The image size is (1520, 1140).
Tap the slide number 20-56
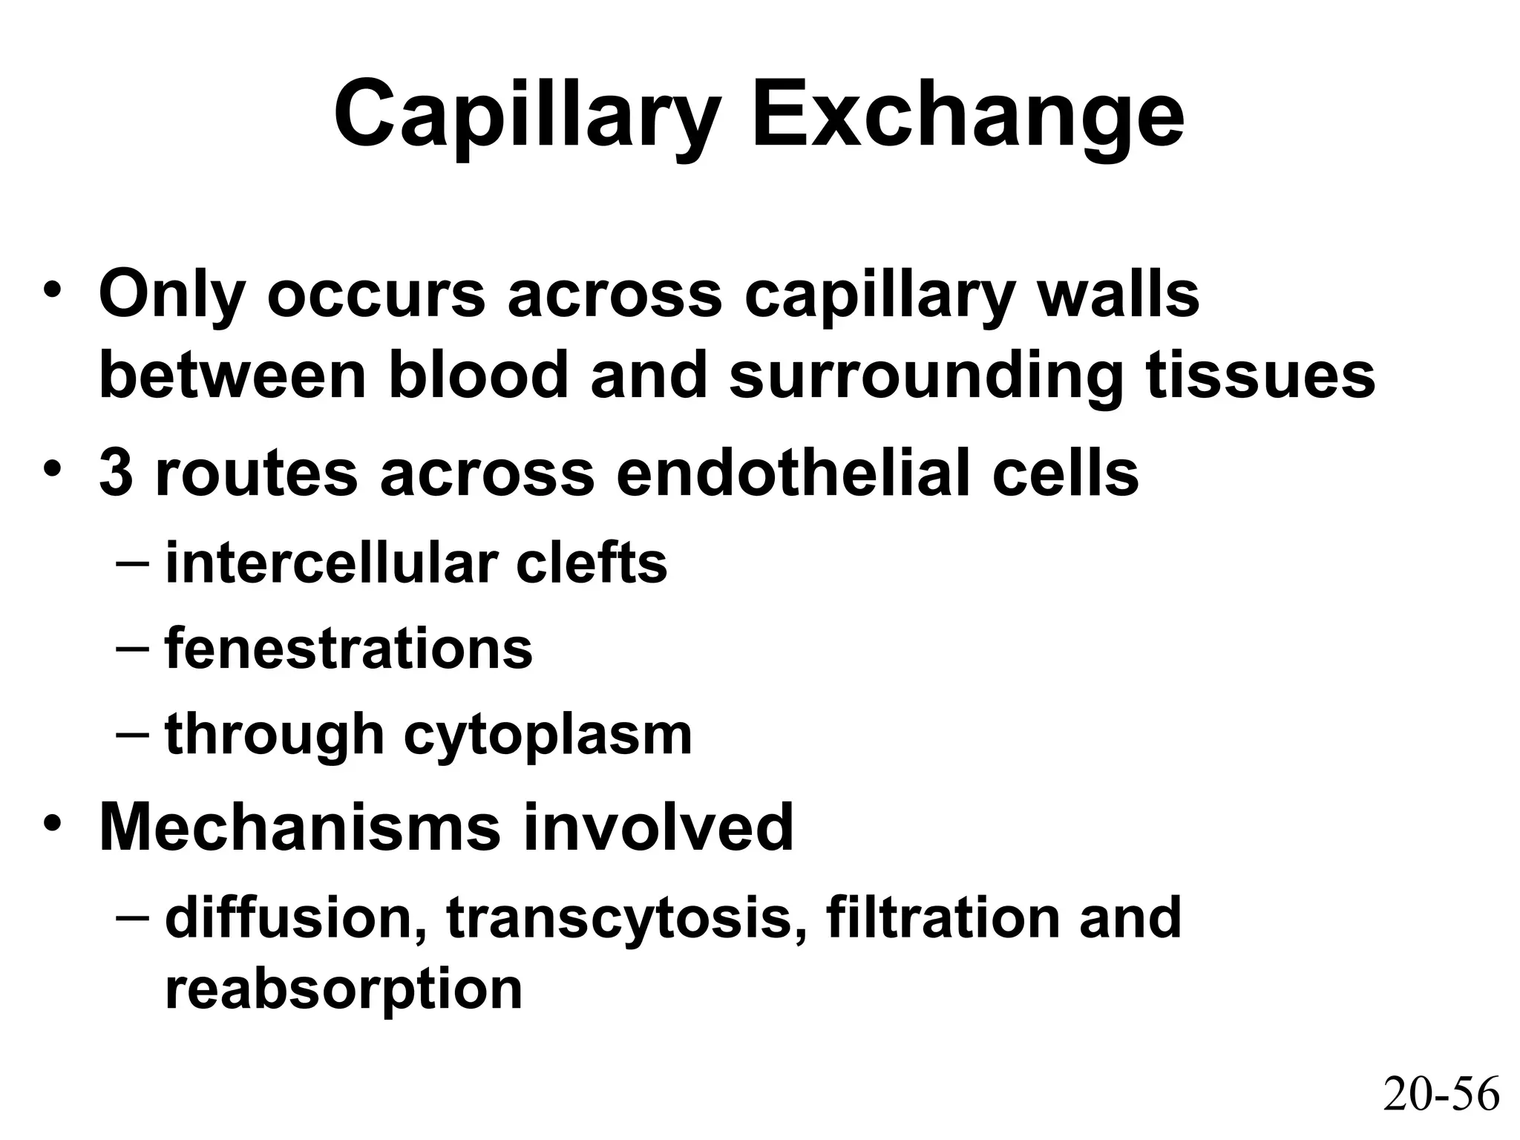pyautogui.click(x=1441, y=1095)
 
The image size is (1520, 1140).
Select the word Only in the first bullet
pyautogui.click(x=171, y=295)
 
